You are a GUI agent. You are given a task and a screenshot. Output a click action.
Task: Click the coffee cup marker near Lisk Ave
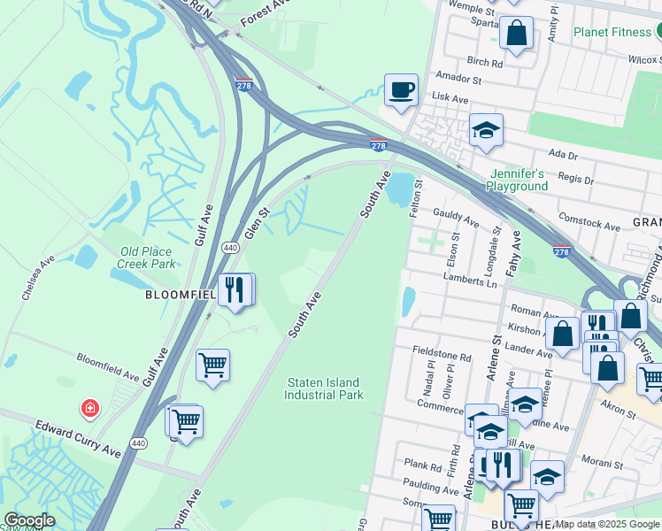point(401,90)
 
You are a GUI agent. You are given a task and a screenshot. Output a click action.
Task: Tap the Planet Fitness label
point(612,33)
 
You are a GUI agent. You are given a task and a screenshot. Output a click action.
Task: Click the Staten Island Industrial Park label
point(323,389)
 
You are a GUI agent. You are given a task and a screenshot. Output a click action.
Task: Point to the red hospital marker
point(89,408)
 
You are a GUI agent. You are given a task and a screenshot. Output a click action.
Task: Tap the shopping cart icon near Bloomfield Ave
point(213,364)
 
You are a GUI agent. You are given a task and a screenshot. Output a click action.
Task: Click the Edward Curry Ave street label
point(78,439)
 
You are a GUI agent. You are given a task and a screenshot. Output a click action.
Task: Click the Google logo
point(29,520)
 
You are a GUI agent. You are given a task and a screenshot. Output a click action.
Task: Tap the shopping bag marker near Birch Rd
point(517,34)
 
